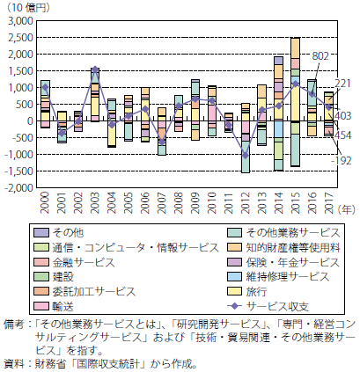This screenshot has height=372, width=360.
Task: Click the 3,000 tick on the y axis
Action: [x=20, y=21]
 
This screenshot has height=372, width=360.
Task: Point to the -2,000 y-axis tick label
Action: [x=18, y=188]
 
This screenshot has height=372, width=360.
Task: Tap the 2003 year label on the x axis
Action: [x=95, y=203]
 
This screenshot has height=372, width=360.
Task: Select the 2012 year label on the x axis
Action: [x=245, y=203]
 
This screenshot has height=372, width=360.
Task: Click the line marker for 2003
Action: [x=95, y=69]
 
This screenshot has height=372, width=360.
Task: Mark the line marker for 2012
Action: [x=245, y=155]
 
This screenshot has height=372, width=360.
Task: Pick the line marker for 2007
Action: [x=162, y=142]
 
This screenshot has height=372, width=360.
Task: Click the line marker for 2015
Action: [x=295, y=84]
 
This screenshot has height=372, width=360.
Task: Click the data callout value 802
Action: [x=320, y=56]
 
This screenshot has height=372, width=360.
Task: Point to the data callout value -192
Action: [x=342, y=161]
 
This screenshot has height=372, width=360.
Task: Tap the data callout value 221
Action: [x=342, y=84]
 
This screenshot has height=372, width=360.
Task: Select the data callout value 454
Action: [x=342, y=135]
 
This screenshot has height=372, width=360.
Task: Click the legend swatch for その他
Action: [x=41, y=233]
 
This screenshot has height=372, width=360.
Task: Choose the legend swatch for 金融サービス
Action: [x=41, y=262]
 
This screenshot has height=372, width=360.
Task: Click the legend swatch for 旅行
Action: [x=234, y=292]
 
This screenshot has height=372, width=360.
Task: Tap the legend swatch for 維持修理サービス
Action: [x=234, y=277]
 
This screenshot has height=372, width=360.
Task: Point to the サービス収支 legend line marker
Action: [x=234, y=307]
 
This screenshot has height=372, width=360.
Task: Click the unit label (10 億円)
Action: [x=28, y=8]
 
